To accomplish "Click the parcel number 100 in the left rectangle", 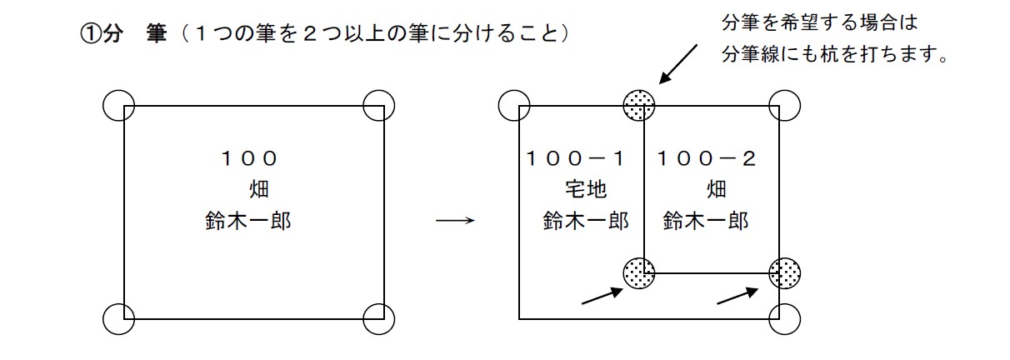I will click(249, 158).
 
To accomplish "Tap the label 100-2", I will click(707, 158).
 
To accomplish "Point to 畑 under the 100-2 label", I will click(716, 190).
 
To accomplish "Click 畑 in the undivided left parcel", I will click(259, 190).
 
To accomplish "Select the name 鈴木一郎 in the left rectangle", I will click(248, 222).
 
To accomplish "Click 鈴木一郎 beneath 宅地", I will click(586, 222).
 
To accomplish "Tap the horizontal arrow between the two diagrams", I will click(455, 222).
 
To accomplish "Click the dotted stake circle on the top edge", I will click(639, 105).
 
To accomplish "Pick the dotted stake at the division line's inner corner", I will click(639, 270).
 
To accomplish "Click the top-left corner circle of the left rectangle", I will click(118, 105).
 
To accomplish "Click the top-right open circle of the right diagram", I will click(784, 105).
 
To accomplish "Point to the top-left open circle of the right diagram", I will click(513, 105).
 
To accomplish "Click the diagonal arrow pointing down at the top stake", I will click(680, 63).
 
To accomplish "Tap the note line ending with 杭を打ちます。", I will click(837, 57).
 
